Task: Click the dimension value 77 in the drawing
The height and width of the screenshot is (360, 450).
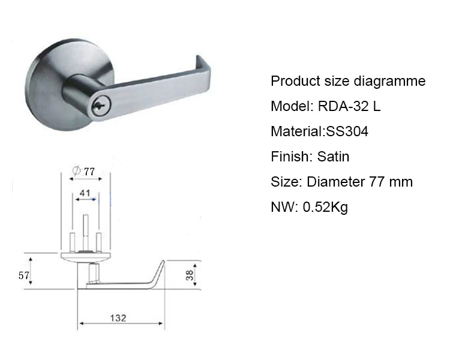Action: click(x=89, y=171)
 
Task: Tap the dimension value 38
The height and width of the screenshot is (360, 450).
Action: click(x=189, y=275)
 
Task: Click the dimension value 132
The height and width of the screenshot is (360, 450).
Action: click(x=119, y=318)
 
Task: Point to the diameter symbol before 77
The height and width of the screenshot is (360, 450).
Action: click(x=76, y=171)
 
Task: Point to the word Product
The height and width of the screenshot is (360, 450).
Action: click(x=293, y=82)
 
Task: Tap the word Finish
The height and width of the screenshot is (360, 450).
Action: click(x=289, y=157)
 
